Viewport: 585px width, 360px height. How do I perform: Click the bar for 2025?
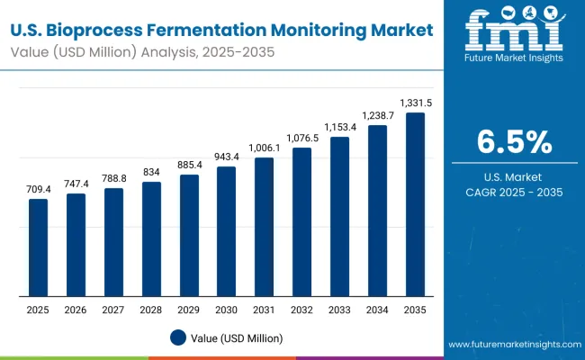(x=38, y=247)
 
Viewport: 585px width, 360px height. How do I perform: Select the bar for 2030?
(x=226, y=231)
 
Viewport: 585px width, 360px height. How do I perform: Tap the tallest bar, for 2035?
(x=415, y=204)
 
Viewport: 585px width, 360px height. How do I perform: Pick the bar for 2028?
(x=151, y=239)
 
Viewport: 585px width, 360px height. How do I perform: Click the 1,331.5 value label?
(x=415, y=102)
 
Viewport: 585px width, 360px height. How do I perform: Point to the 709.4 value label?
(x=38, y=189)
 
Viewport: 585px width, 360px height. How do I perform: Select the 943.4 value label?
(x=226, y=156)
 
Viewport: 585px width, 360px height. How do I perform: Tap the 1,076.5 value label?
(x=301, y=138)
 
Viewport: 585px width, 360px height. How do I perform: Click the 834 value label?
(x=151, y=172)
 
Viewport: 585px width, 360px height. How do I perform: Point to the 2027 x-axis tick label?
(x=113, y=310)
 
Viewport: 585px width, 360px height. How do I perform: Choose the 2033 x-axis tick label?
(x=339, y=310)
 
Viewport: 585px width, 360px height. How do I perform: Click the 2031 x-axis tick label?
(x=264, y=310)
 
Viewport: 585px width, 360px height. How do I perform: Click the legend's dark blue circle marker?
(x=177, y=337)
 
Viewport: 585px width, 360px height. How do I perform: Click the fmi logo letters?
(x=514, y=34)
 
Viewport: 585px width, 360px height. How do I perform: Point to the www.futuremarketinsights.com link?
(x=513, y=345)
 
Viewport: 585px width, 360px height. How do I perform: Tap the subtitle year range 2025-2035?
(x=234, y=51)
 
